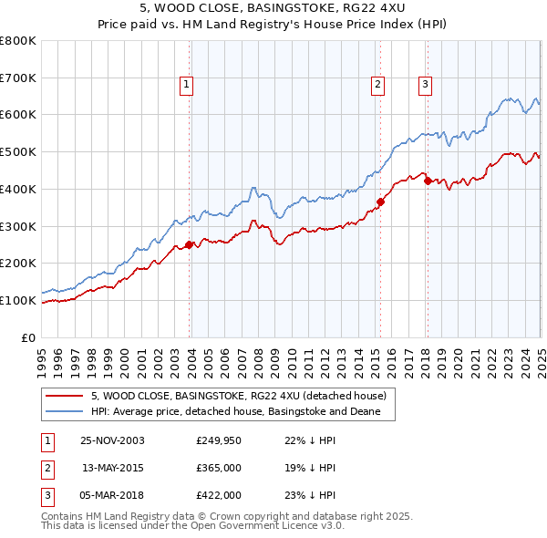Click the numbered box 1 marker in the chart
point(186,85)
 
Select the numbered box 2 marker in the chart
point(377,85)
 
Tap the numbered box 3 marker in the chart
point(425,85)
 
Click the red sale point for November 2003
point(190,244)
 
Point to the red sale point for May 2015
point(380,202)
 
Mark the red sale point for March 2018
point(428,181)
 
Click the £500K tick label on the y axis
point(18,151)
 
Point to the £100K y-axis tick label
point(18,300)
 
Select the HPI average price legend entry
point(242,412)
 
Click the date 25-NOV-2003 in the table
point(112,440)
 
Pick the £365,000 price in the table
point(218,468)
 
